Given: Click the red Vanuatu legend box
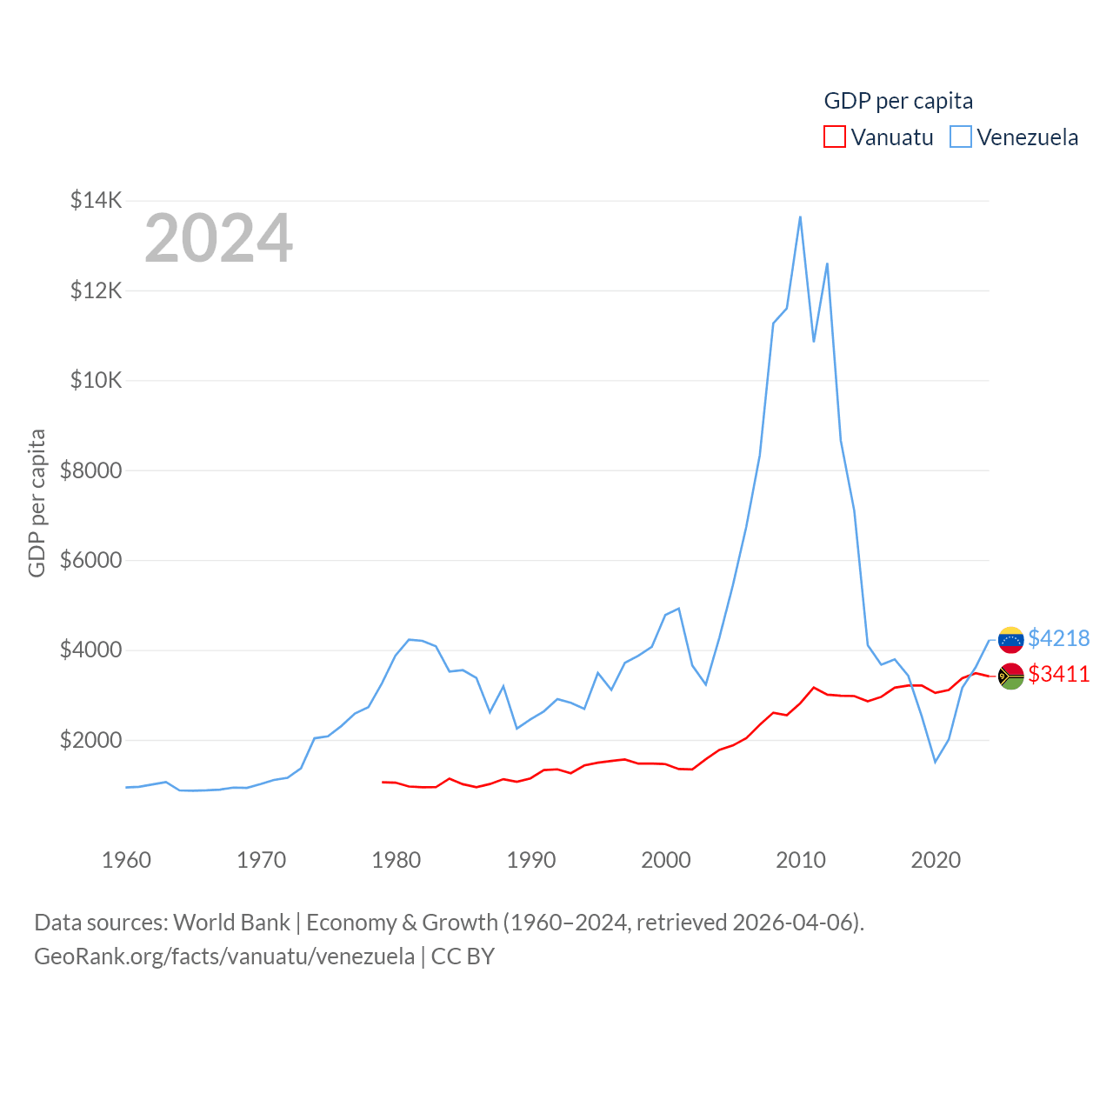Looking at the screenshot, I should pos(834,137).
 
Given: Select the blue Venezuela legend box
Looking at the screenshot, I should pos(960,137).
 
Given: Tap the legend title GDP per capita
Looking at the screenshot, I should pos(898,101).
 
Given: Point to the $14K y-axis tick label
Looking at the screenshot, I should pos(96,201).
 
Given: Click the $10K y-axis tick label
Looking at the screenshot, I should pos(96,380).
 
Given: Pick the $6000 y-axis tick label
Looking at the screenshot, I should pos(90,560).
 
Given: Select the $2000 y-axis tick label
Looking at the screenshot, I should pos(90,740).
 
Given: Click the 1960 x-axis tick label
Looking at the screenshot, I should pos(126,860).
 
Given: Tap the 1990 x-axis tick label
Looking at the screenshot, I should pos(530,860).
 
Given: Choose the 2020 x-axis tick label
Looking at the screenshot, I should pos(936,860).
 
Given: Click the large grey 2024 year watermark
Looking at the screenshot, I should pos(218,238).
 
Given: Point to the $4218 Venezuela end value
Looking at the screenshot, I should pos(1058,638).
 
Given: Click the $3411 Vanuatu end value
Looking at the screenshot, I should pos(1058,674).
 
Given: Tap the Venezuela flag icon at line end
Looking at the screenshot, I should pos(1010,640).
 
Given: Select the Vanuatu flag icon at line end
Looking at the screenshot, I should pos(1010,676).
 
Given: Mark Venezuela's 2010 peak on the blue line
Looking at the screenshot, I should pos(800,217).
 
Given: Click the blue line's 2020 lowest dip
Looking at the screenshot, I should pos(936,762).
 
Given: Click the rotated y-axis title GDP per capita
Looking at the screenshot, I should pos(37,503).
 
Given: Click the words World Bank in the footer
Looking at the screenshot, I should pos(231,922).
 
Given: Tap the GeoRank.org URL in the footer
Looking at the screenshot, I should pos(224,956).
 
